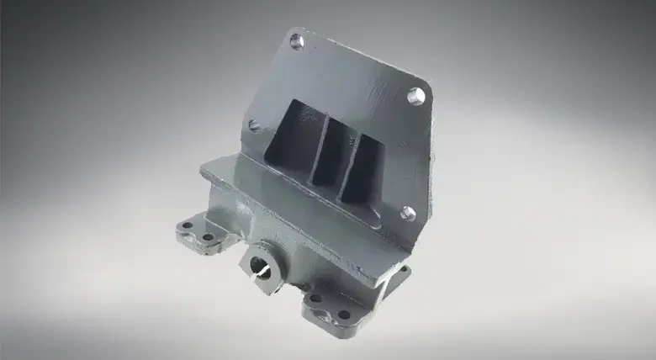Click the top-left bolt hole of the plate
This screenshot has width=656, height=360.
click(296, 40)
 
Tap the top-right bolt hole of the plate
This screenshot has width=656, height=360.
click(415, 95)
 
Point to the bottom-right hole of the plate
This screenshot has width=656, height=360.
click(407, 213)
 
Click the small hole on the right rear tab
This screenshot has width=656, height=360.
click(401, 271)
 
